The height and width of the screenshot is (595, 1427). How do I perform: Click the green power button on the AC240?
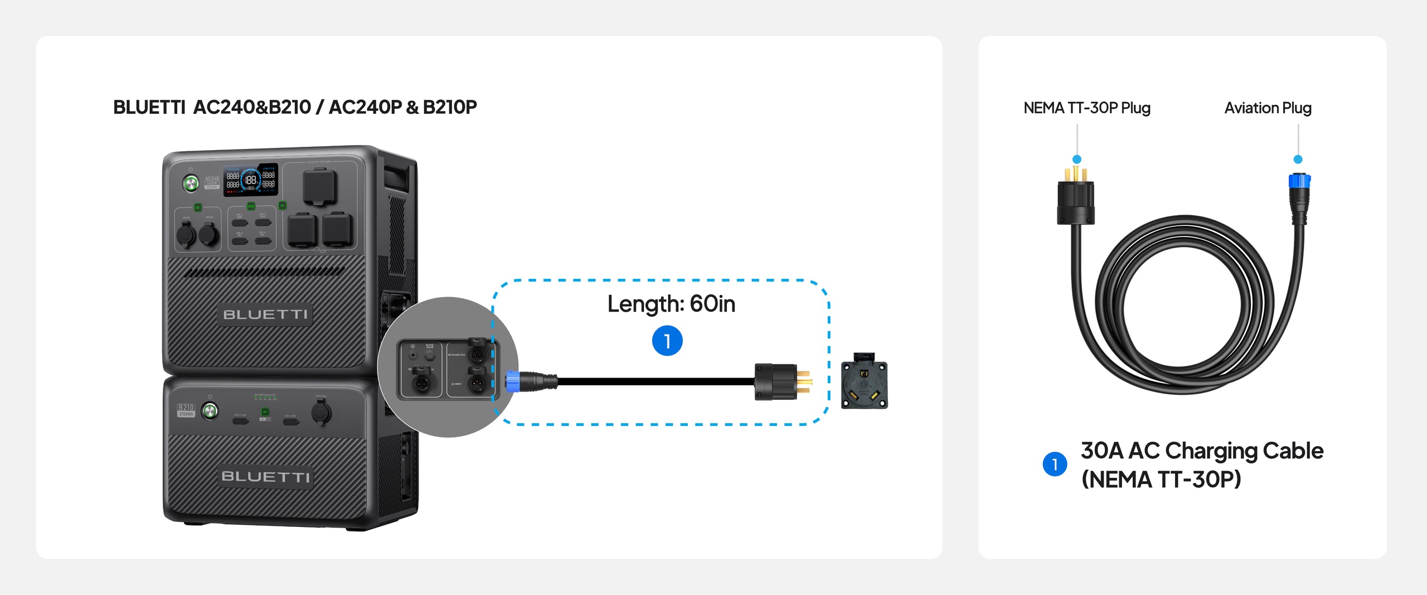pyautogui.click(x=191, y=182)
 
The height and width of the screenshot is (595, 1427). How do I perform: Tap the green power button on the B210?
pyautogui.click(x=210, y=412)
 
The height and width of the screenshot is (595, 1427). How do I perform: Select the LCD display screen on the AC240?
pyautogui.click(x=250, y=180)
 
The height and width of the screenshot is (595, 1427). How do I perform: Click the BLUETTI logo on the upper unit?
pyautogui.click(x=265, y=315)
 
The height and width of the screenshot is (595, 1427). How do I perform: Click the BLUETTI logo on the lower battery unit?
pyautogui.click(x=265, y=477)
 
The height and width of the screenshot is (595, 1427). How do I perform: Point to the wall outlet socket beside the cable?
pyautogui.click(x=864, y=381)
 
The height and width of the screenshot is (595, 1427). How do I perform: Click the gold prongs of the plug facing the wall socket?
pyautogui.click(x=803, y=381)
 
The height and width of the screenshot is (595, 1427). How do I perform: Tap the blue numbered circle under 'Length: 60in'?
pyautogui.click(x=667, y=341)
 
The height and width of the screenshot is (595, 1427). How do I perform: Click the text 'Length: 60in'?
pyautogui.click(x=671, y=304)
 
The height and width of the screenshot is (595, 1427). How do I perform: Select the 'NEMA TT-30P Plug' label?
pyautogui.click(x=1086, y=108)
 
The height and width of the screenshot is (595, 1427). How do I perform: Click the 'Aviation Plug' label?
pyautogui.click(x=1268, y=108)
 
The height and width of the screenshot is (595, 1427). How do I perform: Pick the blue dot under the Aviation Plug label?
pyautogui.click(x=1298, y=159)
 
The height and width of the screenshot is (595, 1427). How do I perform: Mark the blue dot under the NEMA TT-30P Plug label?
pyautogui.click(x=1077, y=159)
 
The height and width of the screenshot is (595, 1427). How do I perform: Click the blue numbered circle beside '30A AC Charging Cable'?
pyautogui.click(x=1055, y=464)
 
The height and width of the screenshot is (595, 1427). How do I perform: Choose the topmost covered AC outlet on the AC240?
pyautogui.click(x=320, y=187)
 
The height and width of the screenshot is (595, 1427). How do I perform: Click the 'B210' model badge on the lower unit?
pyautogui.click(x=186, y=408)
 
